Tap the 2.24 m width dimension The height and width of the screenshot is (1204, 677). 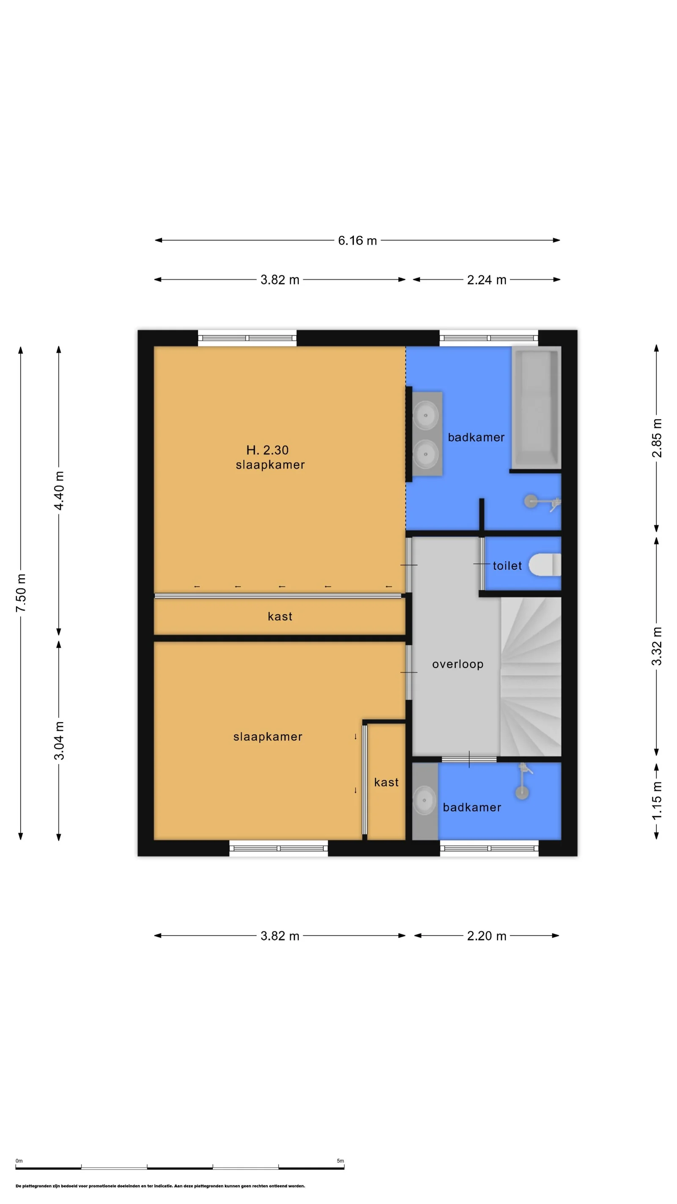pyautogui.click(x=486, y=279)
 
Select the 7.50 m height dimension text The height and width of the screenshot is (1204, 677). pyautogui.click(x=21, y=593)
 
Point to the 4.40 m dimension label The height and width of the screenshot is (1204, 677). pyautogui.click(x=59, y=491)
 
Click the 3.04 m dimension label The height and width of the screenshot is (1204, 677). pyautogui.click(x=59, y=740)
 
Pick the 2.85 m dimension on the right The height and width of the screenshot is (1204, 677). pyautogui.click(x=656, y=438)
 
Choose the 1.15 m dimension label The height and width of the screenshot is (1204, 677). pyautogui.click(x=656, y=800)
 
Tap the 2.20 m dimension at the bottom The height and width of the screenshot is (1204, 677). pyautogui.click(x=486, y=936)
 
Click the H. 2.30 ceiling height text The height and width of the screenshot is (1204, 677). pyautogui.click(x=267, y=450)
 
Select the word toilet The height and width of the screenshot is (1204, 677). pyautogui.click(x=507, y=566)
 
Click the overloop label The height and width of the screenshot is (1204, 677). pyautogui.click(x=457, y=664)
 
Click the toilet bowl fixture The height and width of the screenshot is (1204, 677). pyautogui.click(x=544, y=565)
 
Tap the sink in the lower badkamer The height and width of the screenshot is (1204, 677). pyautogui.click(x=424, y=800)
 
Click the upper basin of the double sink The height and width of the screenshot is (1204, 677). pyautogui.click(x=425, y=414)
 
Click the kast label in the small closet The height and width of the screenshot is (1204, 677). pyautogui.click(x=386, y=782)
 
